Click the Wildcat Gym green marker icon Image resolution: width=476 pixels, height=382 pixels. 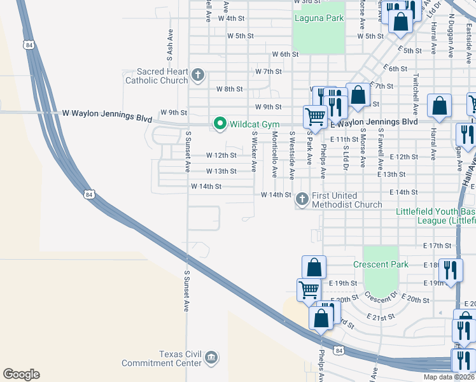coord(220,122)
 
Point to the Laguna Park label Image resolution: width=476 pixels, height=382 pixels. coord(319,18)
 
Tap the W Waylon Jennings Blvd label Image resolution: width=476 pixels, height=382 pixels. coord(107,117)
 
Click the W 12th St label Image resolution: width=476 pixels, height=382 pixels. coord(221,155)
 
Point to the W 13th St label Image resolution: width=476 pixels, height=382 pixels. coord(221,171)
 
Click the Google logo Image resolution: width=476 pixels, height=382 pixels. coord(21,374)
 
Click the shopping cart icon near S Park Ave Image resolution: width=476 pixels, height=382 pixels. coord(314,116)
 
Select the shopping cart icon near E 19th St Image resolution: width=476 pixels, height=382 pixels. coord(309,288)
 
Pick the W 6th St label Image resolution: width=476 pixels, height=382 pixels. coord(285,55)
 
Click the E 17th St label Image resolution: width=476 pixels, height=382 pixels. coord(437,245)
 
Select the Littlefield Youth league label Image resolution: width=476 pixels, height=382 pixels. coord(435,216)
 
